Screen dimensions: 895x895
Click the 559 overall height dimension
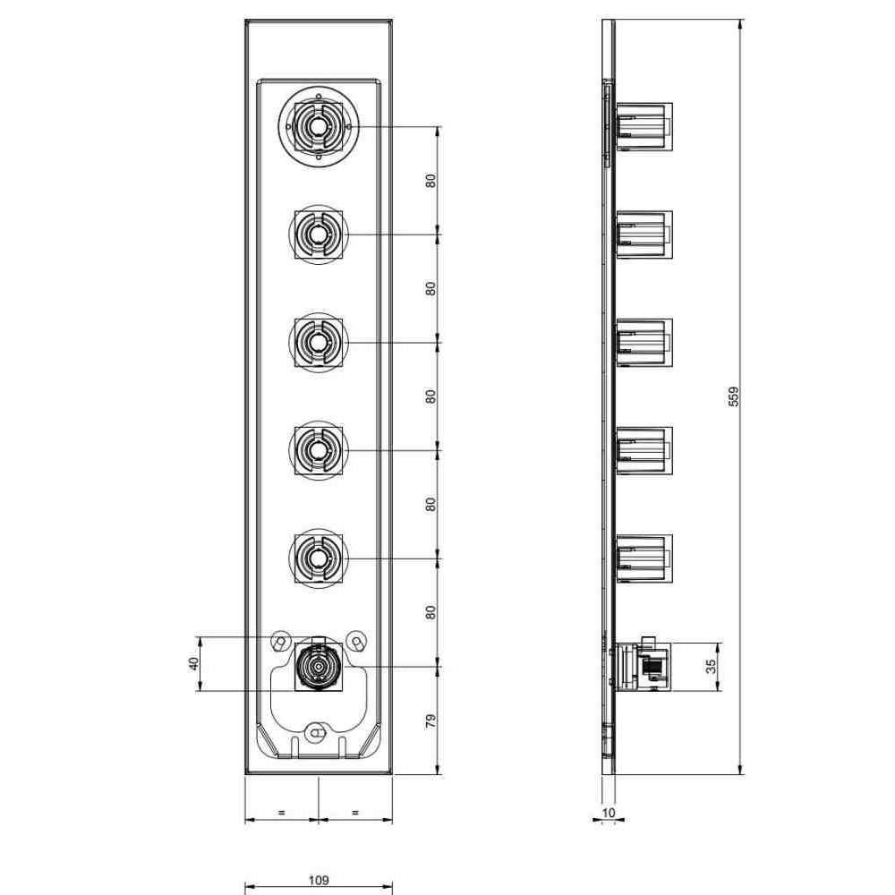pos(734,396)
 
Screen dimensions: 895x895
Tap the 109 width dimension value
pos(319,880)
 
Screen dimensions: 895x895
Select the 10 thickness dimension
pos(609,813)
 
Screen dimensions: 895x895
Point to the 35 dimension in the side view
pos(710,666)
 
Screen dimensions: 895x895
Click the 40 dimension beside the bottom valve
pos(194,663)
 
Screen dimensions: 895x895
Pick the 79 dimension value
pos(431,720)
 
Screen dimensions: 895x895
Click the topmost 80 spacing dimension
pos(431,181)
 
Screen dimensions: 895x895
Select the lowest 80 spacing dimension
pos(431,612)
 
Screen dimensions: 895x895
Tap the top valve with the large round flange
pos(319,127)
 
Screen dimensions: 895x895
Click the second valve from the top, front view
pos(319,234)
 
